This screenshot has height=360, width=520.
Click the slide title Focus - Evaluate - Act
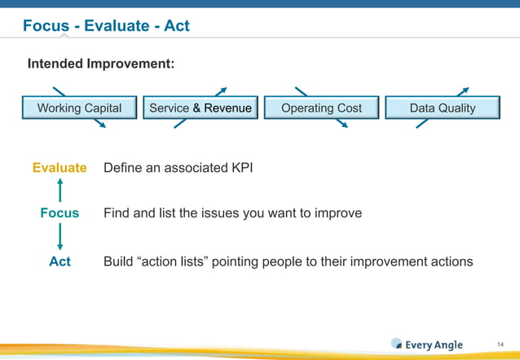106,26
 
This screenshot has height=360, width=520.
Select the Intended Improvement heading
101,64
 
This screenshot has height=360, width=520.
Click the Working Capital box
79,108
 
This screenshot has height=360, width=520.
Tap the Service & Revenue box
201,108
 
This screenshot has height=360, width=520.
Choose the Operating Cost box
321,108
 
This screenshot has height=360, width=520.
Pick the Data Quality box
442,108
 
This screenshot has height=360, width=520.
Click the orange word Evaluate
59,168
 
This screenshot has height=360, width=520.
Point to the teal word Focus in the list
59,213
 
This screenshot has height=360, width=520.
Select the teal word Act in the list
59,261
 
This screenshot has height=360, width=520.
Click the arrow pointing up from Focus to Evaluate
60,190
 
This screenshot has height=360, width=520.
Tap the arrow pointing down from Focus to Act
60,237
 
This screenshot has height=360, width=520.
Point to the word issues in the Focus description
198,213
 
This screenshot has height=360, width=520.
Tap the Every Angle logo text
434,345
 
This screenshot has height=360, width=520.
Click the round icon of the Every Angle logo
397,344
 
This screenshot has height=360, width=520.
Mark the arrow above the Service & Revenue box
220,91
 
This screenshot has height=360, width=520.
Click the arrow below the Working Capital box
99,124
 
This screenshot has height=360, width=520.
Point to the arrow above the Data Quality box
463,91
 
